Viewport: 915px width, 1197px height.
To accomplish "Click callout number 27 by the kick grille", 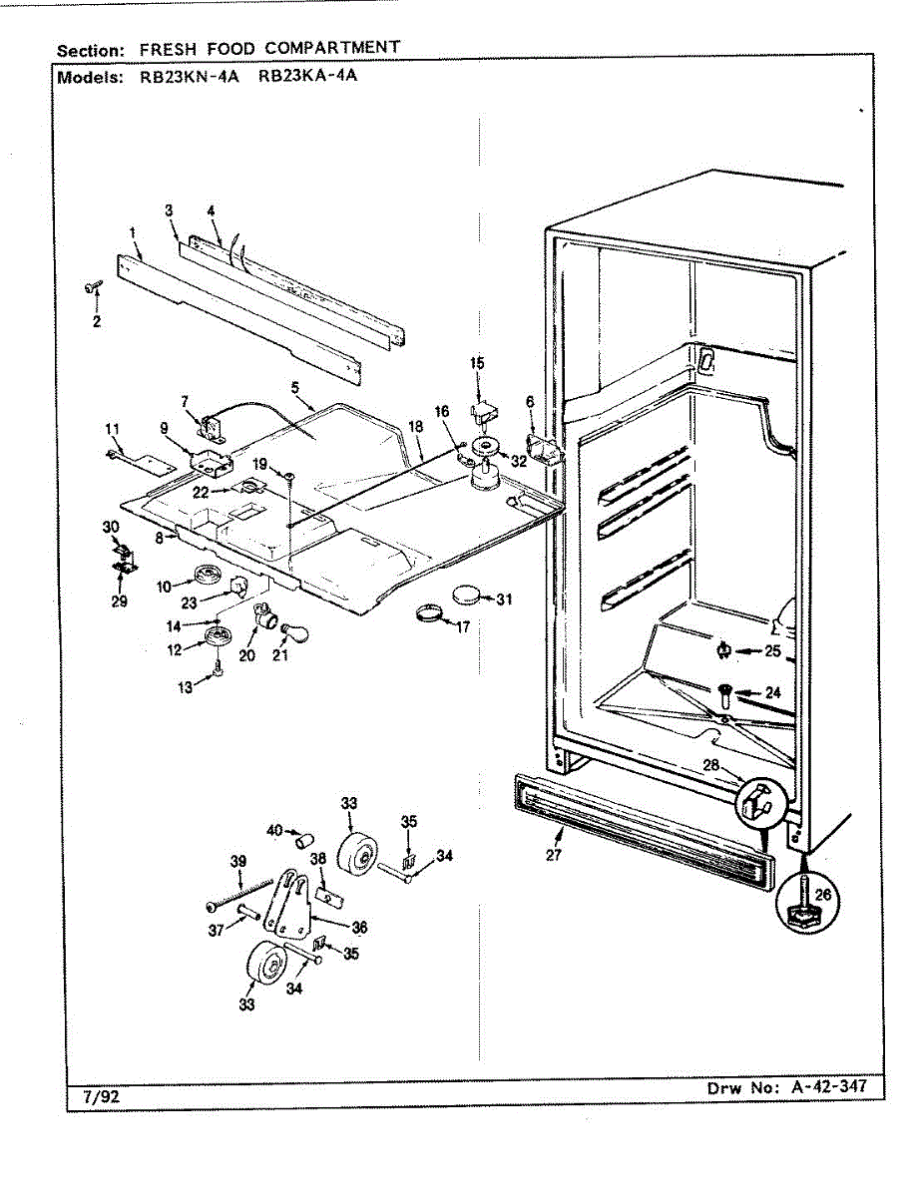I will click(555, 854).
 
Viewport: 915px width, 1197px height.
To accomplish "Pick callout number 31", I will click(504, 598).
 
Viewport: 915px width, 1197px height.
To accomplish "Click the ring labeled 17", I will click(431, 612).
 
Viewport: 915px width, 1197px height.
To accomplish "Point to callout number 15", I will click(477, 363).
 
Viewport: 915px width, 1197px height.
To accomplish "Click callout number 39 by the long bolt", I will click(237, 861).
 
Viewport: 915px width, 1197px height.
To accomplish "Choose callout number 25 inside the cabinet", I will click(771, 651).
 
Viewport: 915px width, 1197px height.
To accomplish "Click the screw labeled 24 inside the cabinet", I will click(725, 690).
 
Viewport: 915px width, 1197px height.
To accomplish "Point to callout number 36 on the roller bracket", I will click(359, 927).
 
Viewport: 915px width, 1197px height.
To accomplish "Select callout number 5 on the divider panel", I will click(295, 386).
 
